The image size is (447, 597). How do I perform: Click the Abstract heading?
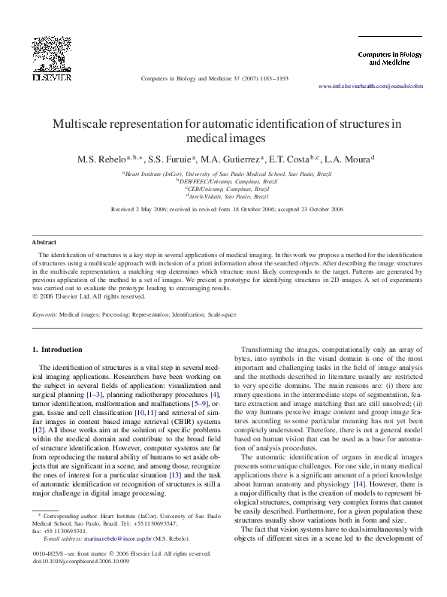point(44,242)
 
